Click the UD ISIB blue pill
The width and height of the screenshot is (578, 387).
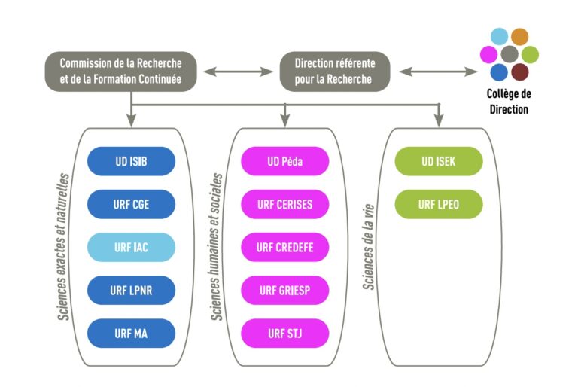coord(131,161)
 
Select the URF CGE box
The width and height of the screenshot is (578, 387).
coord(131,204)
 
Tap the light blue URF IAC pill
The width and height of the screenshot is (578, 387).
coord(131,247)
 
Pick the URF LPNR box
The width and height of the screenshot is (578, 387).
coord(131,290)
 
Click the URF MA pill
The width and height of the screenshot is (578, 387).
coord(131,333)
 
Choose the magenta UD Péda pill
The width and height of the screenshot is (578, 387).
coord(284,161)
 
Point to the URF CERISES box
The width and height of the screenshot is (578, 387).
coord(284,204)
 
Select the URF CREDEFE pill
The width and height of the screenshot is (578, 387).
coord(284,247)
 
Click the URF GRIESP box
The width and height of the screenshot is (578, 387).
coord(284,290)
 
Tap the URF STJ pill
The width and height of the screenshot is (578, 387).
coord(284,333)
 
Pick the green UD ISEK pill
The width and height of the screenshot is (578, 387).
coord(438,161)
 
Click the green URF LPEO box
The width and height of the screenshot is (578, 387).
coord(438,204)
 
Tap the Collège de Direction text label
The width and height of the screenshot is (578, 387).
coord(510,102)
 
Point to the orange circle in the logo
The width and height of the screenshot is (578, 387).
coord(519,36)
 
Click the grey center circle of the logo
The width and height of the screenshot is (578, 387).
coord(510,54)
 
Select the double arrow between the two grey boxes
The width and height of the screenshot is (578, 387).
coord(238,72)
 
